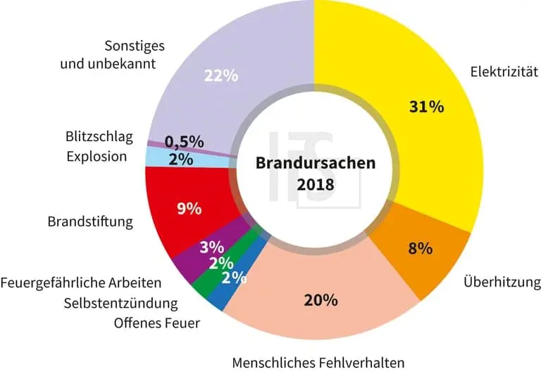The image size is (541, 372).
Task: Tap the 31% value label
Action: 426,107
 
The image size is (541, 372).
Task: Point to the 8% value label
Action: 421,248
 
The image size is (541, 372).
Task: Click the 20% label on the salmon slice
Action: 321,299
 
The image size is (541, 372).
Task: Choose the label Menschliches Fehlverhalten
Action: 318,363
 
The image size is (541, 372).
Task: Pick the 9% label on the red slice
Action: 188,209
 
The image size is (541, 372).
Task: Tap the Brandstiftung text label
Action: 90,222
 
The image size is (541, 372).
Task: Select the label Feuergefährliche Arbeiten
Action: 81,283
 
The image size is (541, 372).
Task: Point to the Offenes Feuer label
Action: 157,324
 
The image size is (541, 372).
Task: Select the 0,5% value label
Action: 185,141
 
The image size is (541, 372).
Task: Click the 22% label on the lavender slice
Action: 220,76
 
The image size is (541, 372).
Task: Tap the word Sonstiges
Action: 135,46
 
